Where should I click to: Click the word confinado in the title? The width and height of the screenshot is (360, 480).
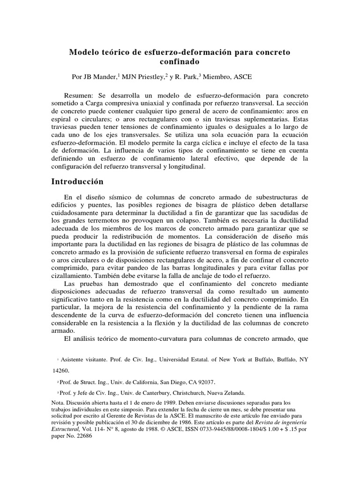180,61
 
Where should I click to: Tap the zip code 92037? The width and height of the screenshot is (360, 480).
206,382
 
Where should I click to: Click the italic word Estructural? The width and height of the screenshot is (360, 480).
65,429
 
